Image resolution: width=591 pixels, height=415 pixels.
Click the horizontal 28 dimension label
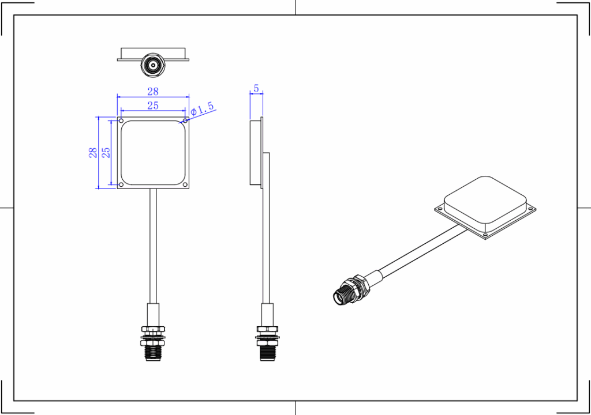tap(153, 91)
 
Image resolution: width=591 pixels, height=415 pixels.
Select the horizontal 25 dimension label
tap(153, 105)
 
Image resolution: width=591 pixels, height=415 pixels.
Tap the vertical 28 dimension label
tap(93, 153)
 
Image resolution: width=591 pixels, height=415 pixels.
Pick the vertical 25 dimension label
tap(107, 153)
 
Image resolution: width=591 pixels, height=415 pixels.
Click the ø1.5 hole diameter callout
tap(203, 108)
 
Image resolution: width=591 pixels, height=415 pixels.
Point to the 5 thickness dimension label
tap(256, 89)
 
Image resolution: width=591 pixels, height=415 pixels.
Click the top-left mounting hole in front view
tap(121, 121)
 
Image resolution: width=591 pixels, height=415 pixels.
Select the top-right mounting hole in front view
tap(185, 121)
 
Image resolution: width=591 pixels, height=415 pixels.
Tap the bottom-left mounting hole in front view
tap(121, 184)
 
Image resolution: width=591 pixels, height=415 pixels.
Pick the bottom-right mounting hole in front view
tap(185, 184)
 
